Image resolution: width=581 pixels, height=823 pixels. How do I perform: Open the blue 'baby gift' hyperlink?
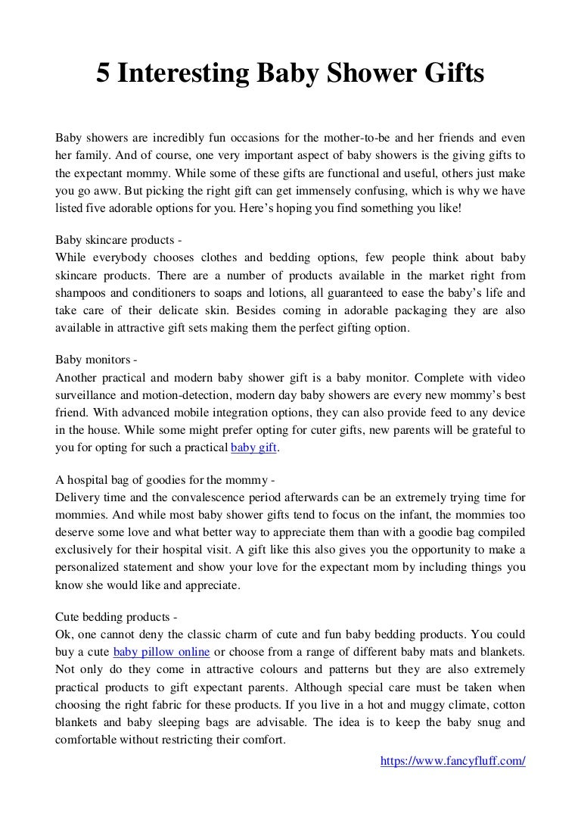pyautogui.click(x=254, y=447)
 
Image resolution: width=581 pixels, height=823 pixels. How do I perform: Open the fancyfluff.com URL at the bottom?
pyautogui.click(x=452, y=761)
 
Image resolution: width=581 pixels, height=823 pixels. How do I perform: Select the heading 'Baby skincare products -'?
pyautogui.click(x=119, y=242)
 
